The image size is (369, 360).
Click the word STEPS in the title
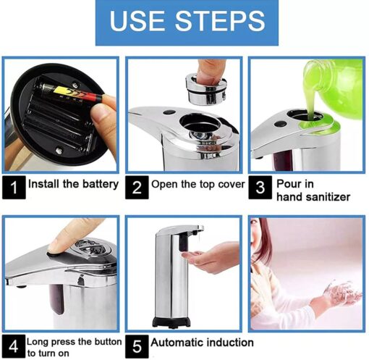[x=220, y=21]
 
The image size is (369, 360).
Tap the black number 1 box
[x=14, y=188]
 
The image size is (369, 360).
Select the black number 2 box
[x=137, y=188]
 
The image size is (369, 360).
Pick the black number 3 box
[x=260, y=188]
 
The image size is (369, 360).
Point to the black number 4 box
[x=14, y=346]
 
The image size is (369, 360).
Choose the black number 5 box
[x=137, y=346]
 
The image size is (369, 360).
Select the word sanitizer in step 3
[x=328, y=197]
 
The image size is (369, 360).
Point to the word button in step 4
[x=108, y=342]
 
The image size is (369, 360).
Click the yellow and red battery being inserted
[x=72, y=93]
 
